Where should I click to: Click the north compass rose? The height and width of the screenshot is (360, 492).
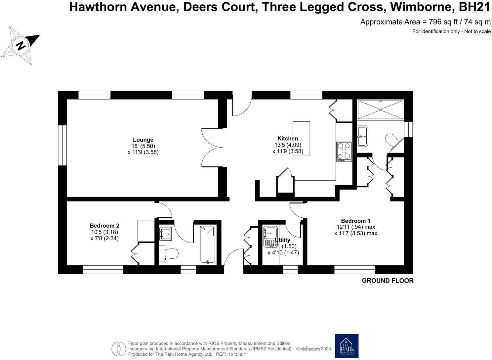(20, 45)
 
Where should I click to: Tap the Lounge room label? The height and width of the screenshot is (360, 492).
(143, 140)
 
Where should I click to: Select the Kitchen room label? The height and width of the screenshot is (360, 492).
(287, 139)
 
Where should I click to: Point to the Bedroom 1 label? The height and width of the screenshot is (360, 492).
(355, 221)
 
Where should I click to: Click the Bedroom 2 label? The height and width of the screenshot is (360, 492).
(104, 226)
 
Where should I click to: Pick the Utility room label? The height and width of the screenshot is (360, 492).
(282, 240)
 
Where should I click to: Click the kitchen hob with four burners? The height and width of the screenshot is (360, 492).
(344, 151)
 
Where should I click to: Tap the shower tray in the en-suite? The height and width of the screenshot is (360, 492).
(380, 109)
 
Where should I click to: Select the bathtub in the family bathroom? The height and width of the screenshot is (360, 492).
(208, 245)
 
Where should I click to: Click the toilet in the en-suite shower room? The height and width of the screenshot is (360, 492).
(393, 141)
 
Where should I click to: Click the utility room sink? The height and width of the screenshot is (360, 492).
(270, 236)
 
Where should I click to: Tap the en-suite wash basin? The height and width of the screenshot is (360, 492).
(362, 136)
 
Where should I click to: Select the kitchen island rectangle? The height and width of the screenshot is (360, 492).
(301, 138)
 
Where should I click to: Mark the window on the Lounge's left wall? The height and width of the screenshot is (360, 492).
(62, 145)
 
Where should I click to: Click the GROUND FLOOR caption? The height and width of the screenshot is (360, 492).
(388, 281)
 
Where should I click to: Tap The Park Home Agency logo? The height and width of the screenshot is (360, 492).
(347, 346)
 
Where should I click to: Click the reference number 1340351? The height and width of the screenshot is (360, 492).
(236, 354)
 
